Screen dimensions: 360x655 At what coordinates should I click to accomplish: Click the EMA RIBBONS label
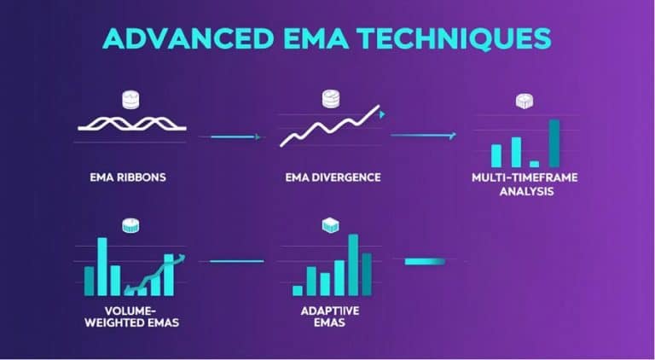click(127, 177)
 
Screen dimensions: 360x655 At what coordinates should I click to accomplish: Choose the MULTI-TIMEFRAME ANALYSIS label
click(513, 185)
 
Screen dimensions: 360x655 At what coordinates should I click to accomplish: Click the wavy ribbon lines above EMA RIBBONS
click(131, 122)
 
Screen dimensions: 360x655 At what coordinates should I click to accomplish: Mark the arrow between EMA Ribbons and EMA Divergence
click(229, 136)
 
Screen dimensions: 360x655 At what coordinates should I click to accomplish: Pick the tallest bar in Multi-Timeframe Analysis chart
click(554, 142)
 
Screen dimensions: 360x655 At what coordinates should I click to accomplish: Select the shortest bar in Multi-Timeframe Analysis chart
click(534, 162)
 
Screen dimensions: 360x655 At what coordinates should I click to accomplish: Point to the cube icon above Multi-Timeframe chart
click(525, 102)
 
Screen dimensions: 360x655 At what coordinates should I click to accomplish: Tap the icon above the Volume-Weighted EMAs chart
click(130, 226)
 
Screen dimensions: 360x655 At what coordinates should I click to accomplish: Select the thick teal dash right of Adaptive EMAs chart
click(424, 260)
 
